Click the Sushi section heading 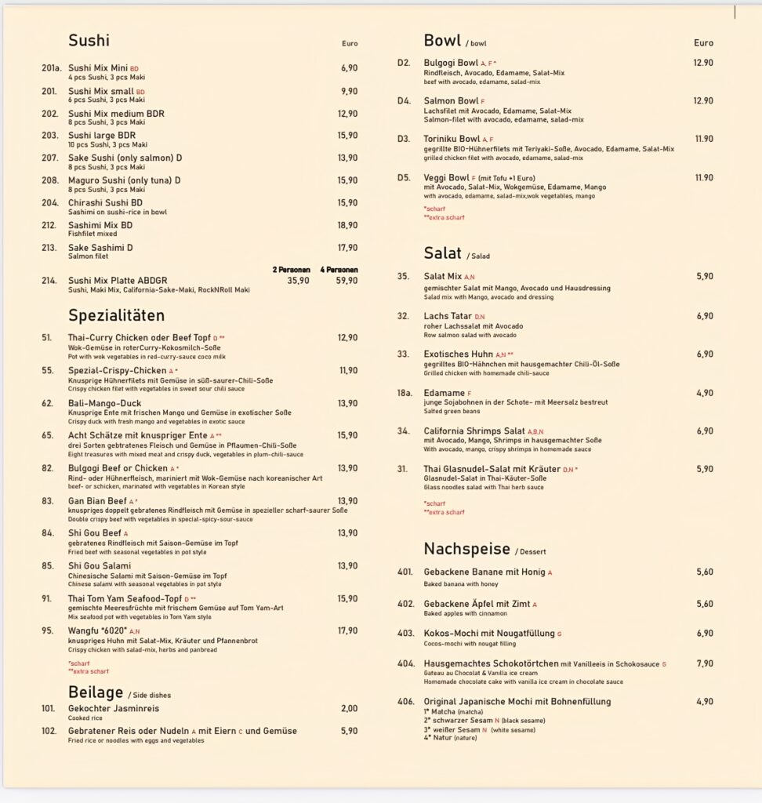[89, 41]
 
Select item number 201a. [51, 68]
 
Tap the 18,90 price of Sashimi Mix [347, 225]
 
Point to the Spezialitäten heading [116, 315]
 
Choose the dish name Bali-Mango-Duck [104, 403]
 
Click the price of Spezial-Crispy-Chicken [347, 370]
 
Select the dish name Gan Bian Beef [97, 501]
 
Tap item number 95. [48, 630]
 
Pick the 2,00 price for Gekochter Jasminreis [349, 708]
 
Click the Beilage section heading [96, 692]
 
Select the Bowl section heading [442, 41]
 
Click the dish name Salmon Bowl [451, 101]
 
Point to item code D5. [404, 178]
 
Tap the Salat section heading [443, 253]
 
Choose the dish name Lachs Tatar [448, 316]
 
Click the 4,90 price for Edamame [704, 393]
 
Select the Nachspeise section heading [467, 548]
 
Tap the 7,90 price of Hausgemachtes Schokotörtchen [704, 663]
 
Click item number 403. [405, 634]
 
